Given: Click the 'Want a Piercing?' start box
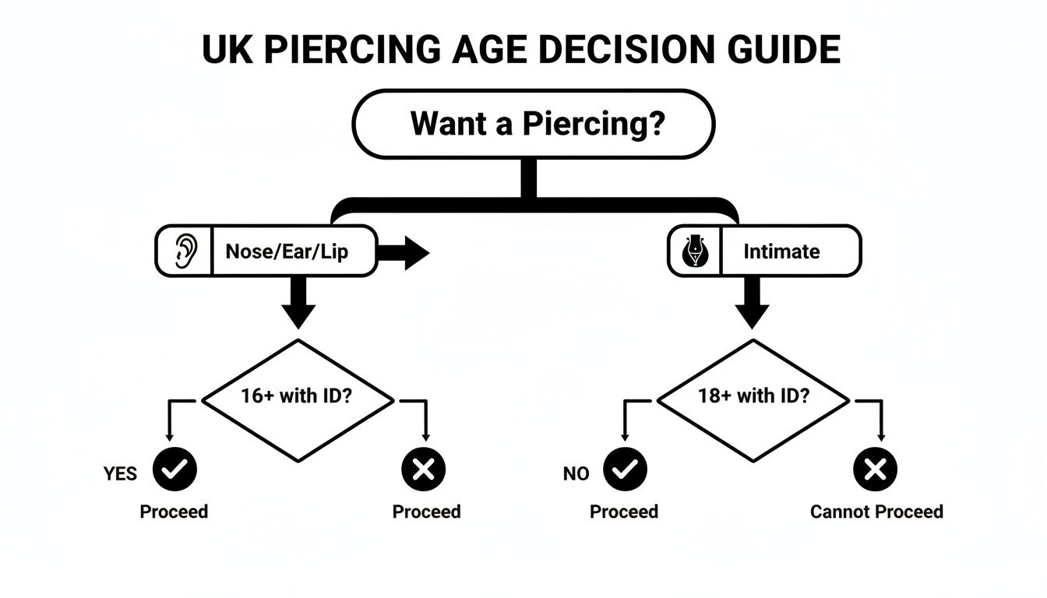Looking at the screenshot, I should click(x=534, y=124).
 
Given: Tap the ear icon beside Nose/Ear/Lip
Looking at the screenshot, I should click(x=185, y=252).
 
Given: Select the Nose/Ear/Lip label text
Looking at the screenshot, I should click(x=286, y=252).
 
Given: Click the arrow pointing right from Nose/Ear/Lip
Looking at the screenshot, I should click(x=404, y=254).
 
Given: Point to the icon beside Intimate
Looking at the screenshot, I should click(x=696, y=252).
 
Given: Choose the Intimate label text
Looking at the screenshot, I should click(x=781, y=252).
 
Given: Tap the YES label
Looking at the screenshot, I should click(x=120, y=474).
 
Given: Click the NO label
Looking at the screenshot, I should click(x=576, y=474).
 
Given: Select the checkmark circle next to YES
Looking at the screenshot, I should click(x=175, y=470).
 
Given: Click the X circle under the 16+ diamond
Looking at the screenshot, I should click(x=423, y=470).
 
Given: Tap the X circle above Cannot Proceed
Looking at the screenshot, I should click(x=876, y=470).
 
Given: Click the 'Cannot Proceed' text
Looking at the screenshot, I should click(x=876, y=512).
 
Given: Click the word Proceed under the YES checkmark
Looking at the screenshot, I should click(x=174, y=512).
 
